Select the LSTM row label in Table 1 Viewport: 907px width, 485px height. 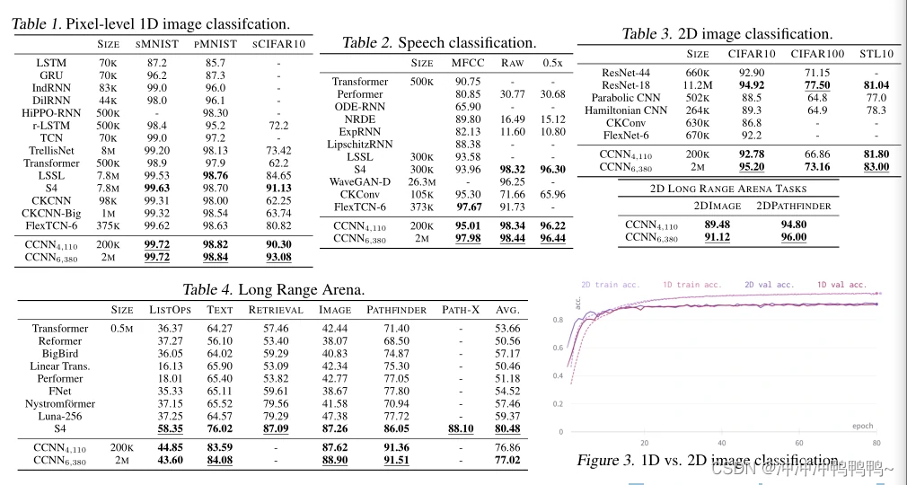[50, 64]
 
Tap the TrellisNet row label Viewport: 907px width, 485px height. [50, 151]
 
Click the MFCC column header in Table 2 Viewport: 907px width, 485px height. [467, 63]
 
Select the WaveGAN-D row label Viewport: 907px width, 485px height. [360, 181]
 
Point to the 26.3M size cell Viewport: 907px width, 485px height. [422, 181]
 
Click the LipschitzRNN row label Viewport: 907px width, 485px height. [360, 144]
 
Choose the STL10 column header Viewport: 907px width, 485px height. [876, 53]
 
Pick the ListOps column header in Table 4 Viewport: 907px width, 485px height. [169, 310]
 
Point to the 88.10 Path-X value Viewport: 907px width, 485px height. [461, 429]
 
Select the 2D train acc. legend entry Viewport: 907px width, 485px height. [610, 285]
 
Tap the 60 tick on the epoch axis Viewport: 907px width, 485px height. [799, 443]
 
